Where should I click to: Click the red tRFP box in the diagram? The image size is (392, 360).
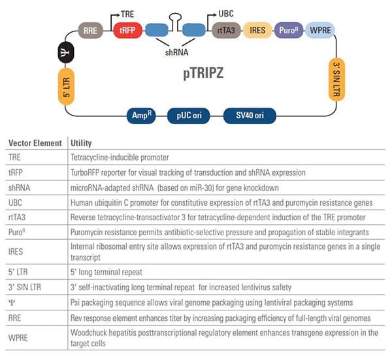click(x=127, y=31)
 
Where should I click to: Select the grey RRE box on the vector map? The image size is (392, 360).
click(x=90, y=31)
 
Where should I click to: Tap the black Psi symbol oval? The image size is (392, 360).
click(x=66, y=52)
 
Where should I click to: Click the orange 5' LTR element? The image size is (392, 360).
click(x=66, y=86)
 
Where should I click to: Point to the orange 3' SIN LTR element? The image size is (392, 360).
click(x=336, y=80)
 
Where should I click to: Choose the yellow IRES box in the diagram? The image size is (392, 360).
click(x=257, y=31)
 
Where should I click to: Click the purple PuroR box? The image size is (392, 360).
click(x=289, y=31)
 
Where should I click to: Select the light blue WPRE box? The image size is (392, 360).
click(x=320, y=31)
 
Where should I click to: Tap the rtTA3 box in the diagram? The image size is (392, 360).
click(x=226, y=31)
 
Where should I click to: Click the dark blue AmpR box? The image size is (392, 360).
click(x=141, y=116)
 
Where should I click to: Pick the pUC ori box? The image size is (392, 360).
click(x=189, y=116)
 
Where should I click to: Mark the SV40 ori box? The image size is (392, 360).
click(x=250, y=116)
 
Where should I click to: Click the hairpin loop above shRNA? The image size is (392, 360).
click(x=175, y=16)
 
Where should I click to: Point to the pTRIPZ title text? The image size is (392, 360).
click(x=203, y=73)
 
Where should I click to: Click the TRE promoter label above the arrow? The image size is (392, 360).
click(x=127, y=14)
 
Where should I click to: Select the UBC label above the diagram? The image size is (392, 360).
click(x=226, y=14)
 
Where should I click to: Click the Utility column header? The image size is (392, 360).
click(x=81, y=143)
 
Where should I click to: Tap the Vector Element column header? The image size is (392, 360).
click(x=35, y=143)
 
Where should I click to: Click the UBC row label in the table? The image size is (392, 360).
click(x=15, y=203)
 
